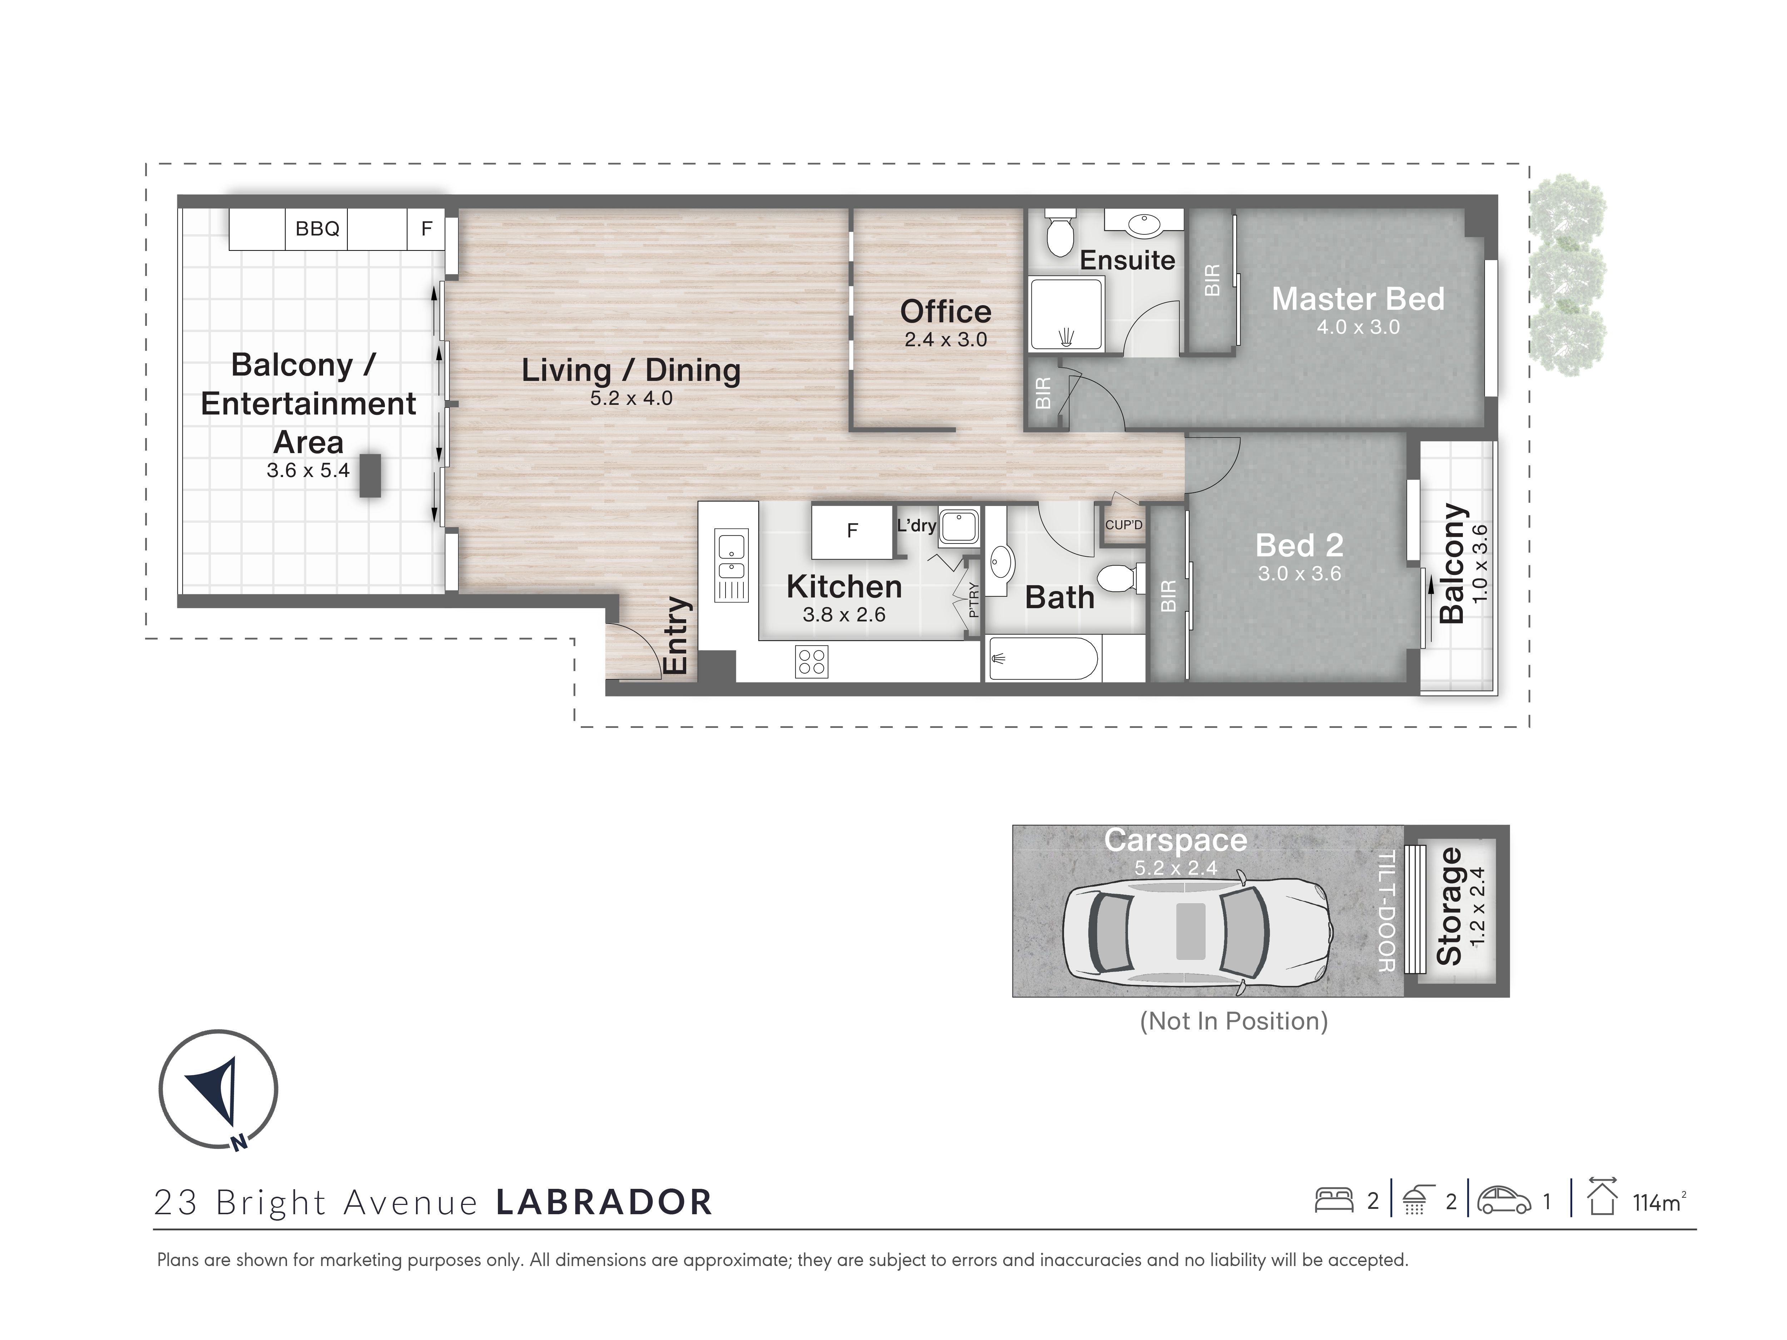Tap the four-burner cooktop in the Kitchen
[811, 661]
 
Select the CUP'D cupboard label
[1124, 525]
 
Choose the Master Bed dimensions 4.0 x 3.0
[1358, 327]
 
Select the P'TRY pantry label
[974, 600]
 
